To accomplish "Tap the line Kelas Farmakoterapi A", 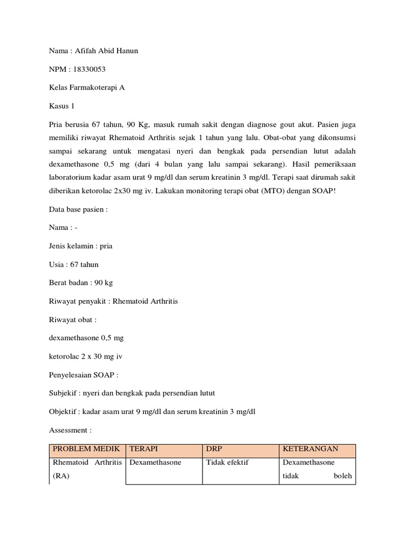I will [x=87, y=88].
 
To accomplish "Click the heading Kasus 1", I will [x=61, y=106].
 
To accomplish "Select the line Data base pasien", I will [x=78, y=209].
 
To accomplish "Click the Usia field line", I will [x=73, y=264].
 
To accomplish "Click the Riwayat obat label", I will [x=72, y=320].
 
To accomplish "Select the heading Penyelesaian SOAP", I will [x=84, y=375].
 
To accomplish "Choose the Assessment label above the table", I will [x=71, y=430].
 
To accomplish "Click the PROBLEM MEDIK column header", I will [x=86, y=449].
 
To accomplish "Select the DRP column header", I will [x=214, y=449].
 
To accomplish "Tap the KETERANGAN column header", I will [x=311, y=449].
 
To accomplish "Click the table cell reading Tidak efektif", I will [x=227, y=462].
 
